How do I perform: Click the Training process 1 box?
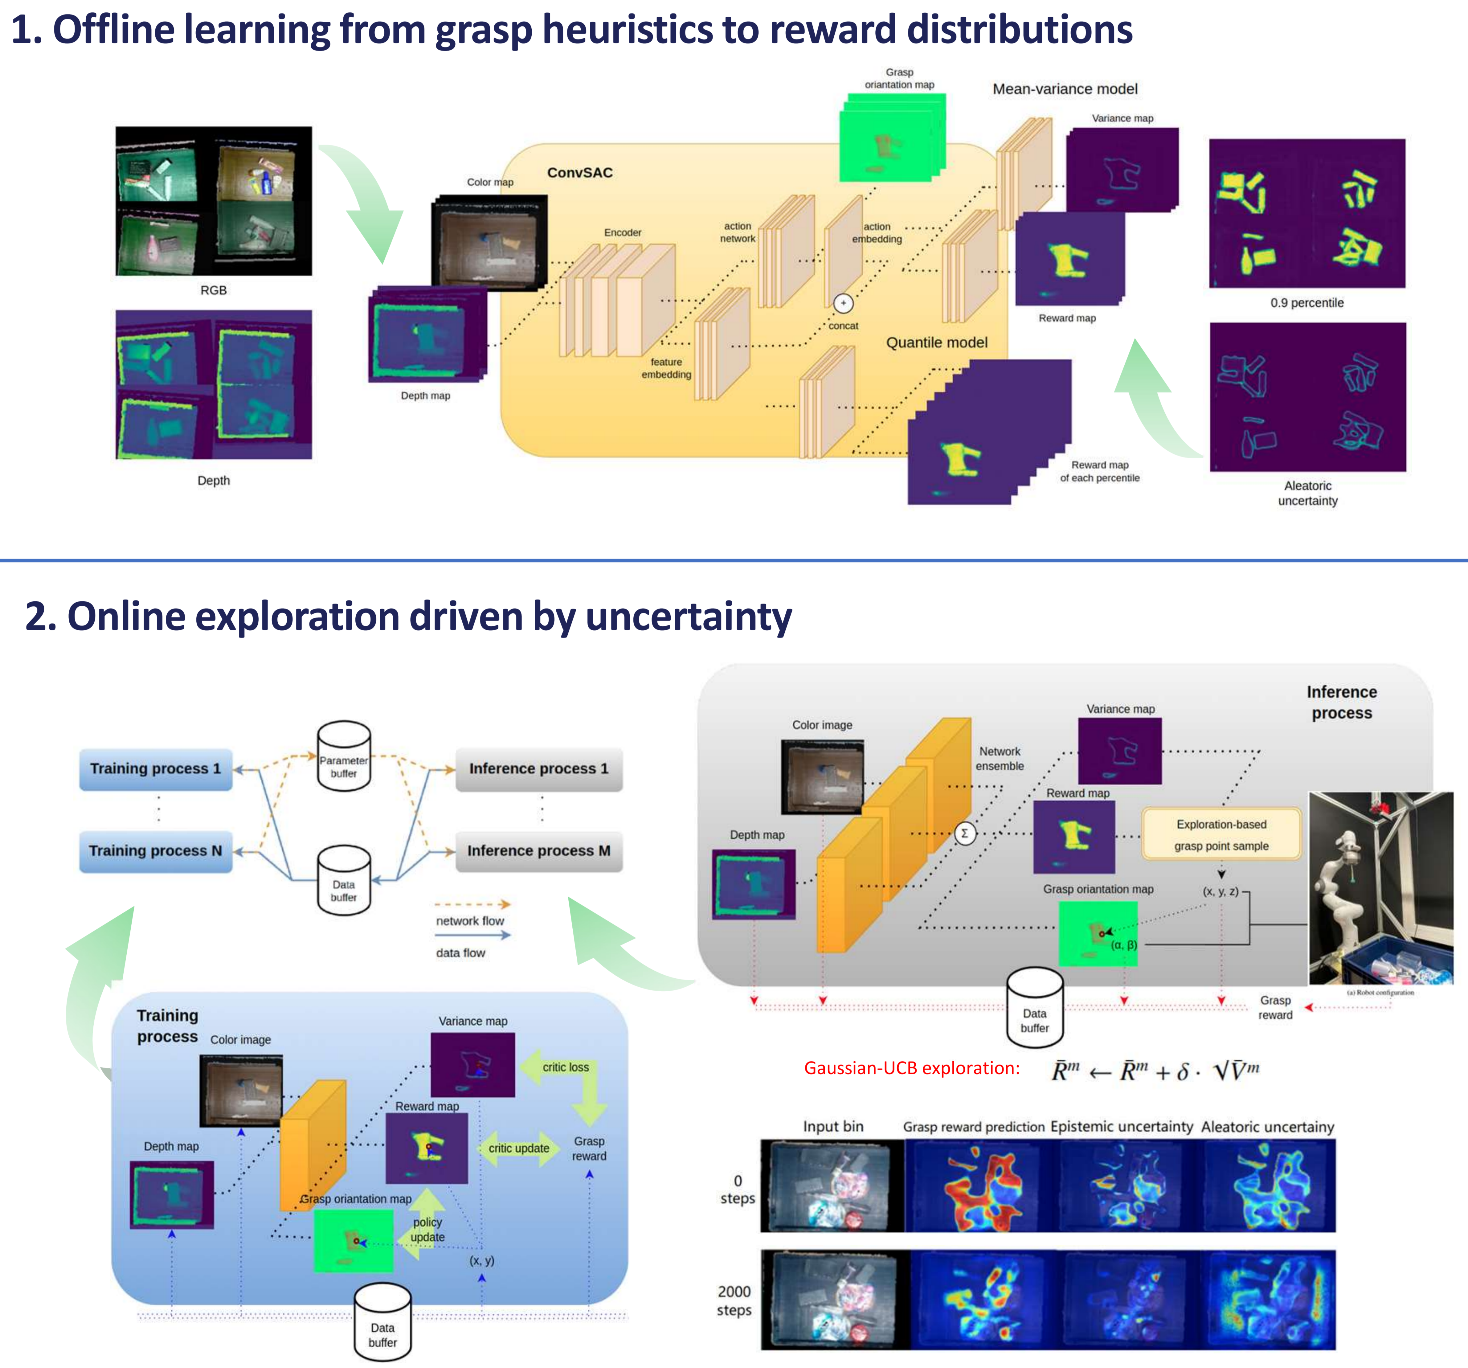point(156,769)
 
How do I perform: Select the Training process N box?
point(156,851)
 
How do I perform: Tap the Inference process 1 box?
point(539,769)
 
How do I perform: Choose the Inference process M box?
point(539,851)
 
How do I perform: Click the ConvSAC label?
point(580,173)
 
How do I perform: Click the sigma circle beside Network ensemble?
point(964,833)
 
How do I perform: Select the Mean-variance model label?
point(1065,89)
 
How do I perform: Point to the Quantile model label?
point(936,343)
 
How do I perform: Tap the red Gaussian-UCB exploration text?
point(911,1068)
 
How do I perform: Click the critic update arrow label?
point(519,1149)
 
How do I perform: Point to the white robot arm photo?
point(1379,887)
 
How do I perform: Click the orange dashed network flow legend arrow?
point(472,904)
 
